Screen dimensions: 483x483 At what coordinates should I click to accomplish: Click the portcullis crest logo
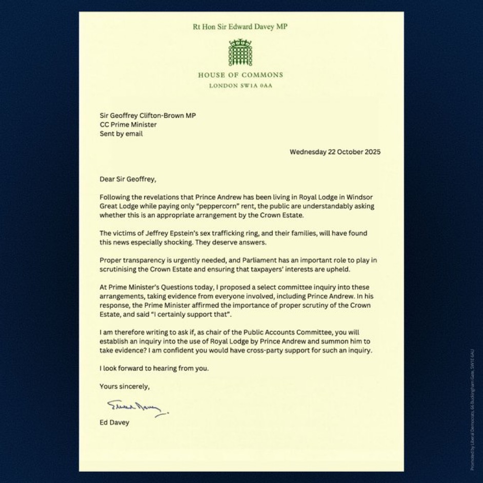pos(240,52)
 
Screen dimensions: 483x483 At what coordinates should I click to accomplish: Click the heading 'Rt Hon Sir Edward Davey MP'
pos(240,27)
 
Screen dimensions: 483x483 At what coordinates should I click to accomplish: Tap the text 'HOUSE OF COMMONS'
pos(240,75)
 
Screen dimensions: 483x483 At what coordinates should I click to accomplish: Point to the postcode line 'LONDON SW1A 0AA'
pos(240,86)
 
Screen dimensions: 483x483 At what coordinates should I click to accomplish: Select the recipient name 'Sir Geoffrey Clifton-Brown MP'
pos(148,115)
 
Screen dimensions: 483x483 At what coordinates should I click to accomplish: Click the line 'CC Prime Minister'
pos(128,125)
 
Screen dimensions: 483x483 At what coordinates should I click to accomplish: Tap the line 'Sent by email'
pos(121,134)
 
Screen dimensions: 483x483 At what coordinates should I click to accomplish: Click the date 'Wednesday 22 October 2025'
pos(335,152)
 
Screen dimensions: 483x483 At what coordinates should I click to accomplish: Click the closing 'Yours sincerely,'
pos(125,387)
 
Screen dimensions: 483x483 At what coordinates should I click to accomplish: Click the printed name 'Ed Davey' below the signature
pos(114,422)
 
